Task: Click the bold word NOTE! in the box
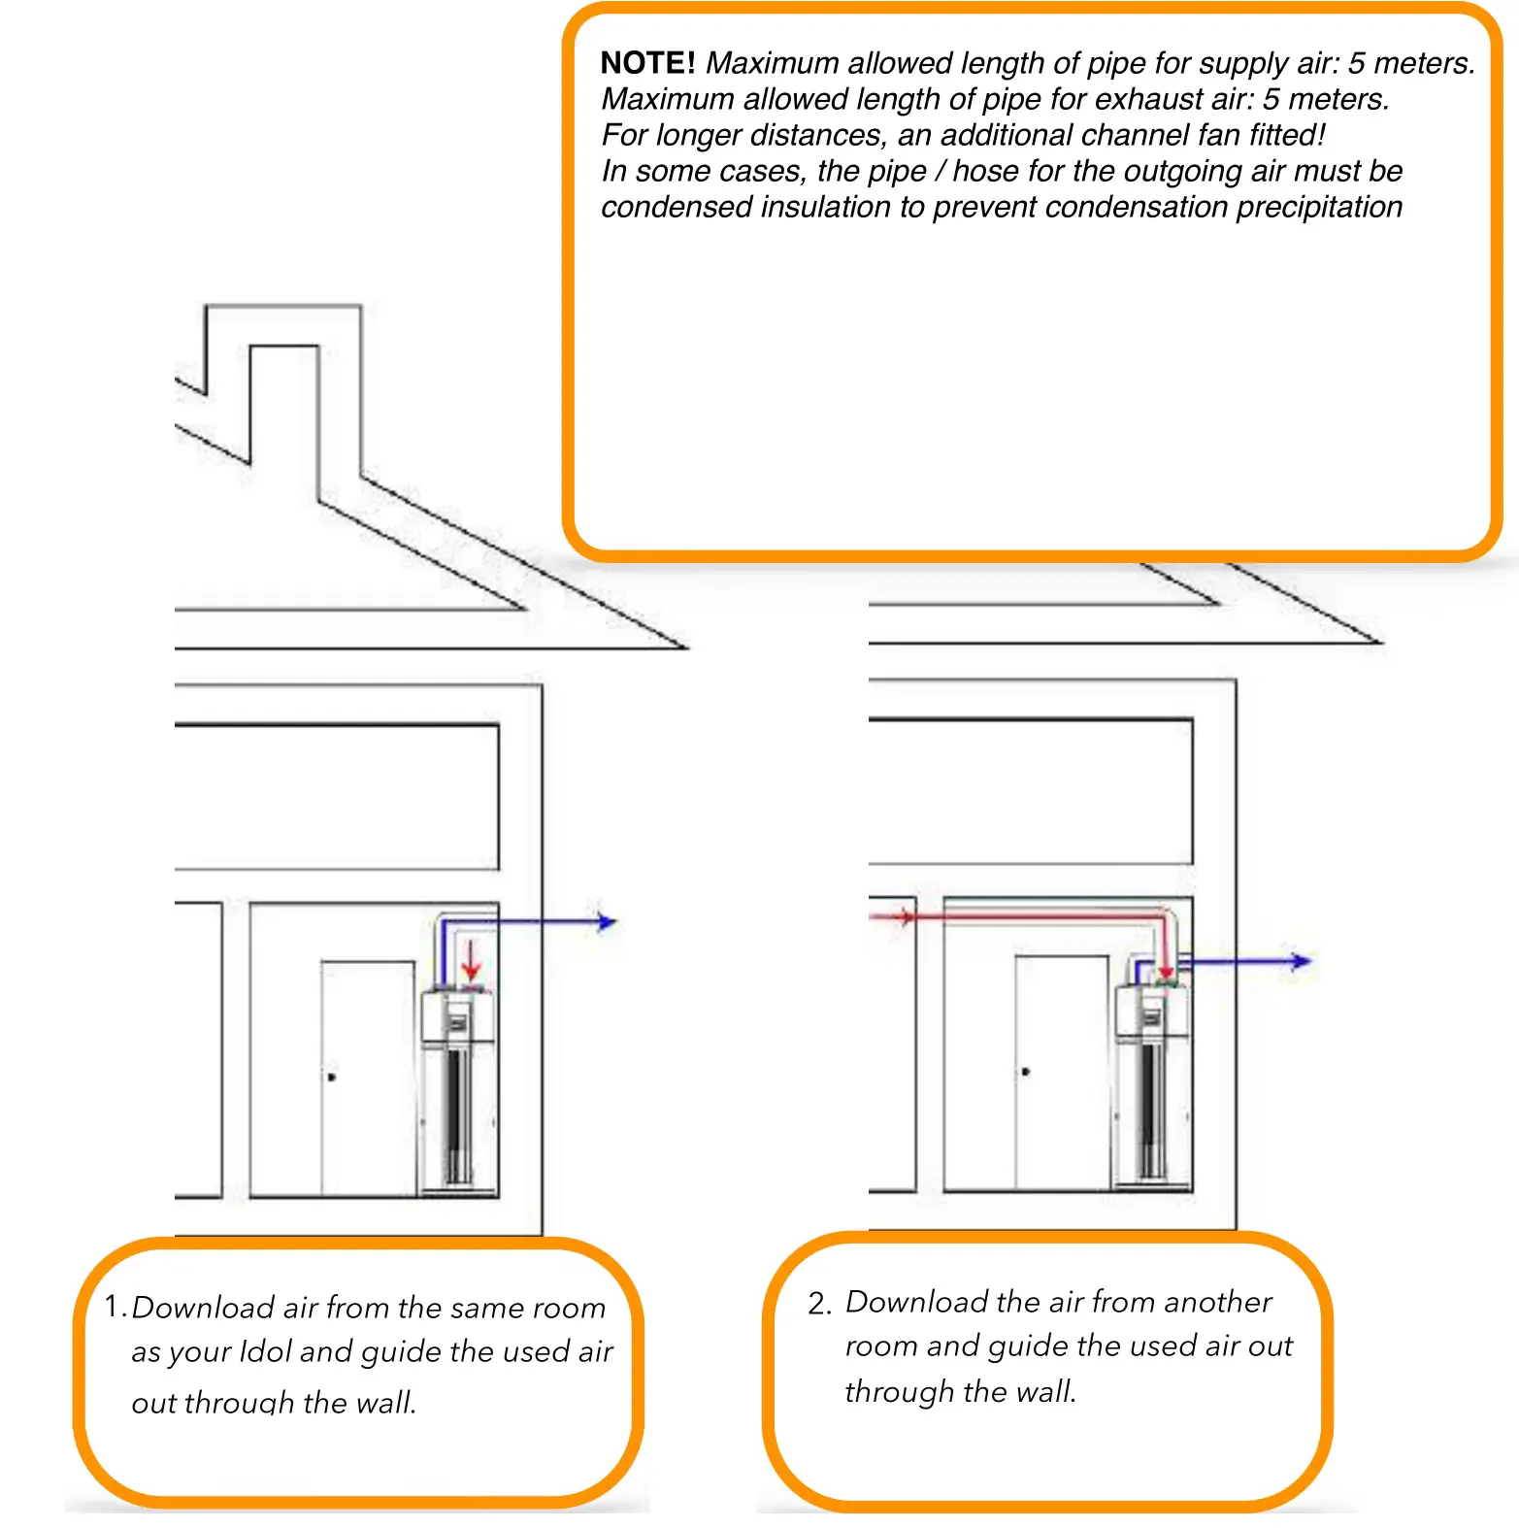[x=647, y=63]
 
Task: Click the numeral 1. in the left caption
[x=116, y=1307]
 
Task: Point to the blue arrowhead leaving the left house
[x=607, y=921]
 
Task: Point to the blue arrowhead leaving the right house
[x=1301, y=961]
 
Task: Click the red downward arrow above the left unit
[x=471, y=961]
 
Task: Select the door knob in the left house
[x=332, y=1077]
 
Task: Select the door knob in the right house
[x=1026, y=1072]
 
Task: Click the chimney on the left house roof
[x=283, y=388]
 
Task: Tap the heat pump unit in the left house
[x=459, y=1087]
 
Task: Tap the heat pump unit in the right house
[x=1153, y=1082]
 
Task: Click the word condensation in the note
[x=1137, y=207]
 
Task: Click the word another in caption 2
[x=1217, y=1302]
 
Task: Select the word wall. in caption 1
[x=386, y=1402]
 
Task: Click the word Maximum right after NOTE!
[x=773, y=63]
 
